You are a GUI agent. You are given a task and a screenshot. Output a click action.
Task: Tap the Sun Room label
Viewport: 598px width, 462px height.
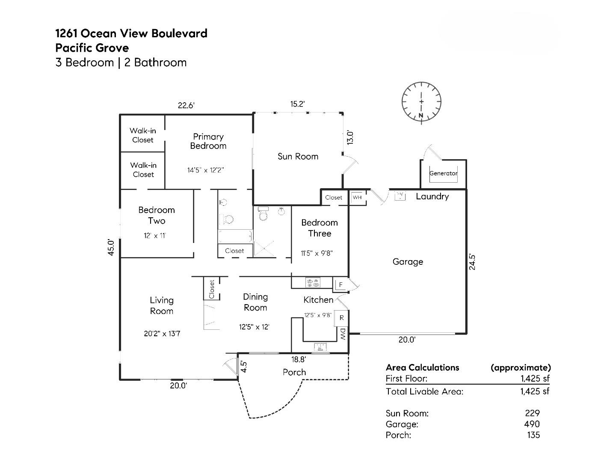tap(298, 157)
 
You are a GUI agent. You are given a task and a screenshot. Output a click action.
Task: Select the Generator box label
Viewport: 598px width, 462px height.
tap(443, 173)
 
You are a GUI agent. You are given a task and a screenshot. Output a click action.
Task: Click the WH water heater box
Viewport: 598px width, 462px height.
tap(357, 197)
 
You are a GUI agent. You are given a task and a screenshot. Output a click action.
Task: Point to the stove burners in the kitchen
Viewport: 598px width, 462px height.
tap(313, 282)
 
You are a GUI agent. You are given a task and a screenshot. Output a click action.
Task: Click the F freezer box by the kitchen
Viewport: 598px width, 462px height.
tap(341, 284)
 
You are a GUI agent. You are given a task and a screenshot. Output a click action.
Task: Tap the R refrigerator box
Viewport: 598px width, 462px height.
tap(341, 318)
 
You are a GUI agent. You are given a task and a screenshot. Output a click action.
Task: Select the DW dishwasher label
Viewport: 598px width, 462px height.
tap(343, 334)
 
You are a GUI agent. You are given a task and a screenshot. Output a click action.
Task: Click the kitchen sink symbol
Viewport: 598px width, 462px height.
tap(320, 346)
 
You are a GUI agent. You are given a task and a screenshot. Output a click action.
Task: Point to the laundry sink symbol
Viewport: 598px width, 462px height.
tap(400, 196)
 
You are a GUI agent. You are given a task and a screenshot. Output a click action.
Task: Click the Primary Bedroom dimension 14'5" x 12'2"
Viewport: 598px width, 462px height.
tap(206, 170)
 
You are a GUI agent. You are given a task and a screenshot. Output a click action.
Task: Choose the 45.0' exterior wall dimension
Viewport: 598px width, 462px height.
tap(111, 247)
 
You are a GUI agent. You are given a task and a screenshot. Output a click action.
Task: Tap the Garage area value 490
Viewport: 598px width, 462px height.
tap(532, 424)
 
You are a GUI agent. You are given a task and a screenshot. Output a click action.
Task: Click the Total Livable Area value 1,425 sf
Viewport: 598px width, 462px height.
tap(535, 391)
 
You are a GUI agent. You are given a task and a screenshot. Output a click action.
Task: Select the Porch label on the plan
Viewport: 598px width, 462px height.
tap(294, 372)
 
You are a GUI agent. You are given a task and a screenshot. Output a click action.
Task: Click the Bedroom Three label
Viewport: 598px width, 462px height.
tap(320, 228)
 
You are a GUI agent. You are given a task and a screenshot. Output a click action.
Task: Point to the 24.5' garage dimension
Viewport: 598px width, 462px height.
tap(472, 262)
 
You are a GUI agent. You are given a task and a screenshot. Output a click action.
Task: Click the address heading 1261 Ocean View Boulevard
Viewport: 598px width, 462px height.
tap(131, 33)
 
